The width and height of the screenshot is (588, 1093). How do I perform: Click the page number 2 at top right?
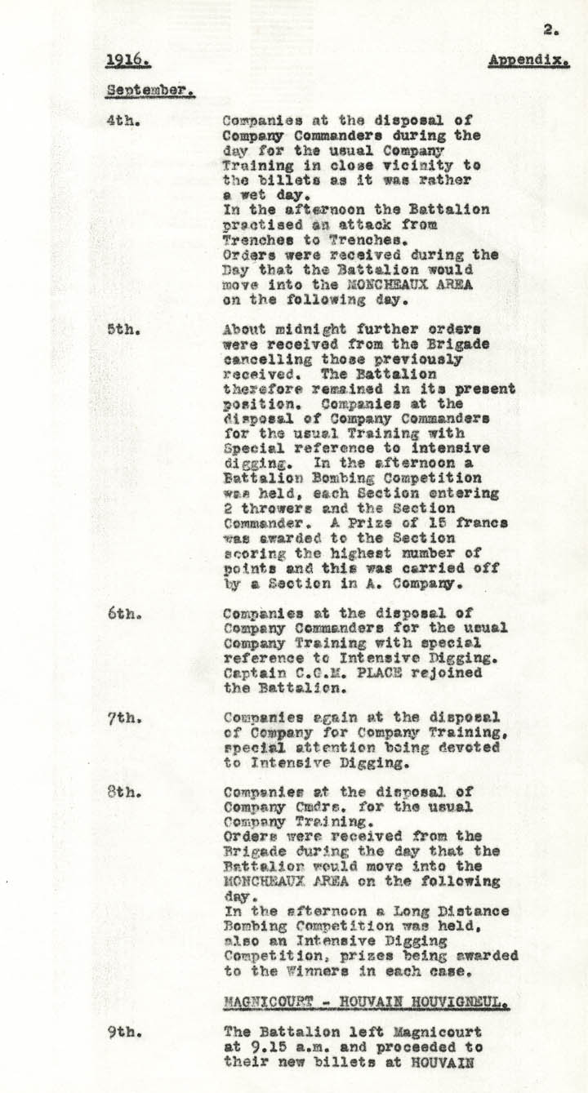point(550,30)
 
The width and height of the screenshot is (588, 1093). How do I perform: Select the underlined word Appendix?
point(528,60)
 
